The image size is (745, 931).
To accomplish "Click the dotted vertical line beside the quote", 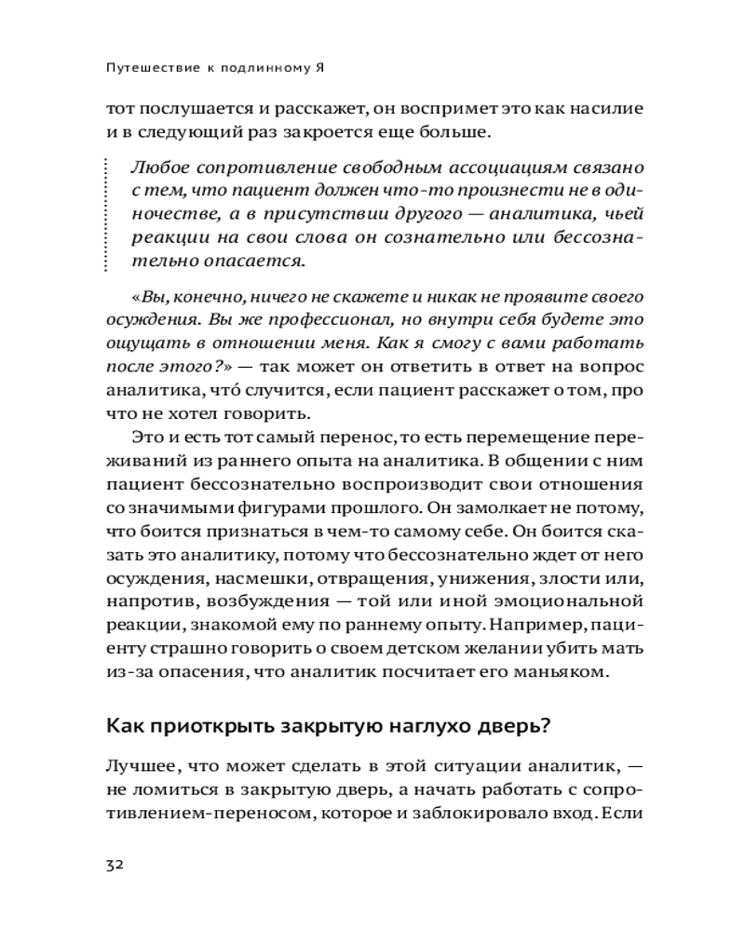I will click(x=108, y=213).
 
